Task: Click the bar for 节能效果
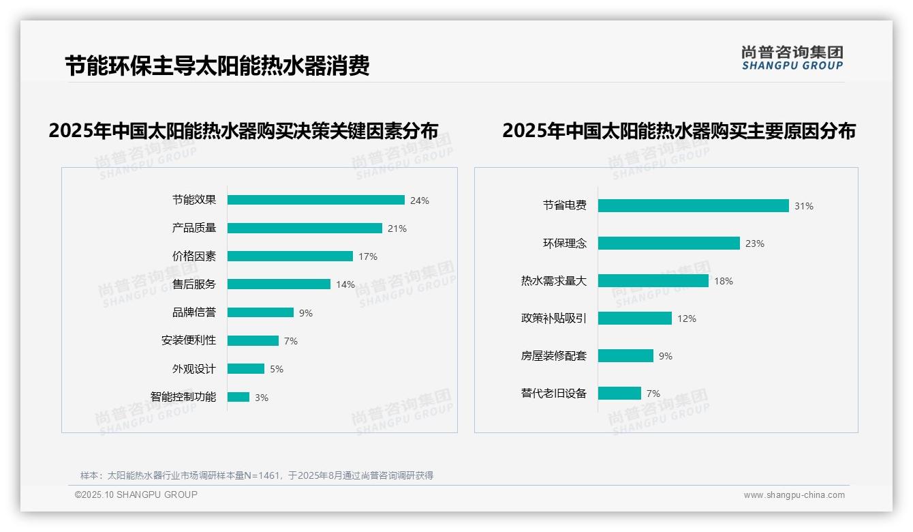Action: click(x=315, y=200)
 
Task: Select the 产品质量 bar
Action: click(x=305, y=228)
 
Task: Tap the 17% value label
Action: click(x=368, y=256)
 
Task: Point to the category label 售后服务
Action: click(x=194, y=284)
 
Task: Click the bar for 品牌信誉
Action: click(x=260, y=312)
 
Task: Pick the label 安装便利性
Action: click(x=189, y=340)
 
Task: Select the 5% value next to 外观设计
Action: click(x=276, y=369)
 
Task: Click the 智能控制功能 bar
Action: click(x=238, y=397)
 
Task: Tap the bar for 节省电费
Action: click(x=693, y=205)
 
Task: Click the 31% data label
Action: click(x=804, y=206)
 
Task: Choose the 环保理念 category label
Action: click(x=564, y=243)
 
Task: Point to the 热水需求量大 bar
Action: click(x=653, y=280)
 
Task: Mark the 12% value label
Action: click(x=687, y=319)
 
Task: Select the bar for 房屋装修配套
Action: click(x=625, y=355)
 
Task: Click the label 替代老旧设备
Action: click(x=553, y=394)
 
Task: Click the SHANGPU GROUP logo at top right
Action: click(x=792, y=58)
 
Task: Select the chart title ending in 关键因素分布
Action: click(x=243, y=131)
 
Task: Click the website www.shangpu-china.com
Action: click(x=794, y=495)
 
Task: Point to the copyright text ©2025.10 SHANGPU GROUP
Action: click(x=136, y=494)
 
